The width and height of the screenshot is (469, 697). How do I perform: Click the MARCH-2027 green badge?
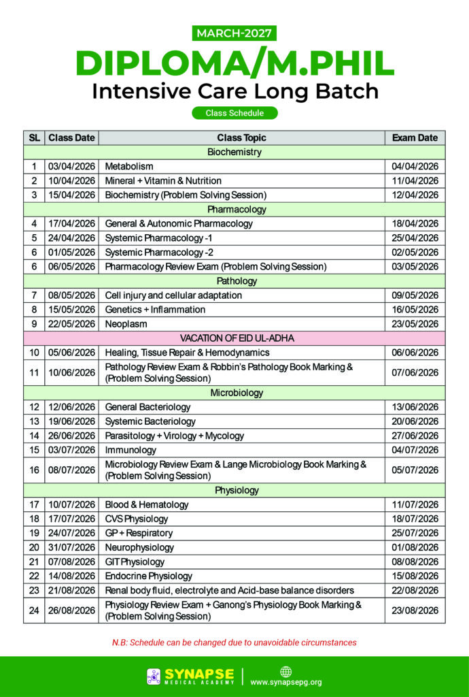pyautogui.click(x=234, y=33)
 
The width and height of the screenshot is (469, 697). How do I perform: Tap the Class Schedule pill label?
pyautogui.click(x=234, y=113)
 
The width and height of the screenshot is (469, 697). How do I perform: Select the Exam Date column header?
pyautogui.click(x=415, y=137)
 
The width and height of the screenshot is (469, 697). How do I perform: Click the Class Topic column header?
pyautogui.click(x=242, y=137)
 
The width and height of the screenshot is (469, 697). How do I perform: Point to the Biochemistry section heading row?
pyautogui.click(x=234, y=152)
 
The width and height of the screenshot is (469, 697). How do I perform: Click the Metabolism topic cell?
pyautogui.click(x=129, y=166)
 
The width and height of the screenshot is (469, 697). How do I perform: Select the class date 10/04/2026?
pyautogui.click(x=71, y=180)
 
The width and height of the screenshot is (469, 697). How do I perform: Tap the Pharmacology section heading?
pyautogui.click(x=234, y=209)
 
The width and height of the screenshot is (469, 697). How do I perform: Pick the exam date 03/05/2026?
pyautogui.click(x=415, y=266)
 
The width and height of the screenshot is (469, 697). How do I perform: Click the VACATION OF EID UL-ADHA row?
pyautogui.click(x=234, y=338)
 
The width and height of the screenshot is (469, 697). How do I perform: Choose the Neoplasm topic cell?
pyautogui.click(x=126, y=324)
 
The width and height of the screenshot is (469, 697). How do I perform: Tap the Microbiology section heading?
pyautogui.click(x=234, y=393)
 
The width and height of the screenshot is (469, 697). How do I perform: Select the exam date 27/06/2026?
pyautogui.click(x=415, y=436)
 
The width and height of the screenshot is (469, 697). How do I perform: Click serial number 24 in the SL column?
pyautogui.click(x=34, y=611)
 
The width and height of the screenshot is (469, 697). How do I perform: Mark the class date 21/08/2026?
pyautogui.click(x=71, y=590)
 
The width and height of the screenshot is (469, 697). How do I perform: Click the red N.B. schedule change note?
pyautogui.click(x=234, y=643)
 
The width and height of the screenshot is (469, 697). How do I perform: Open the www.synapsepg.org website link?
pyautogui.click(x=286, y=682)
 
